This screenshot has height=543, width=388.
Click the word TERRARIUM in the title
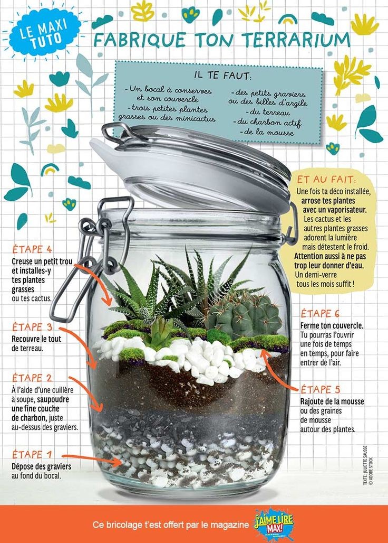pyautogui.click(x=296, y=40)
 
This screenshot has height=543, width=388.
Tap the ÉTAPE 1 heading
pyautogui.click(x=32, y=454)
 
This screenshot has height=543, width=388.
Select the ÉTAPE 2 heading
pyautogui.click(x=32, y=378)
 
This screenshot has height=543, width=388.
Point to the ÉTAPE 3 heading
pyautogui.click(x=32, y=327)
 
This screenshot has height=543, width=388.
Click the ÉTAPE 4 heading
pyautogui.click(x=32, y=249)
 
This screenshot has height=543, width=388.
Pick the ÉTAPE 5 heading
pyautogui.click(x=321, y=389)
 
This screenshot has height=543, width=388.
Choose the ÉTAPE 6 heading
pyautogui.click(x=321, y=313)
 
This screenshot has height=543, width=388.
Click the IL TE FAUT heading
pyautogui.click(x=223, y=76)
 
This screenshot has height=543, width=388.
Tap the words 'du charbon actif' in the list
pyautogui.click(x=267, y=122)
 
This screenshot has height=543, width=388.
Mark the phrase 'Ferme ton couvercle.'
pyautogui.click(x=332, y=325)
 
